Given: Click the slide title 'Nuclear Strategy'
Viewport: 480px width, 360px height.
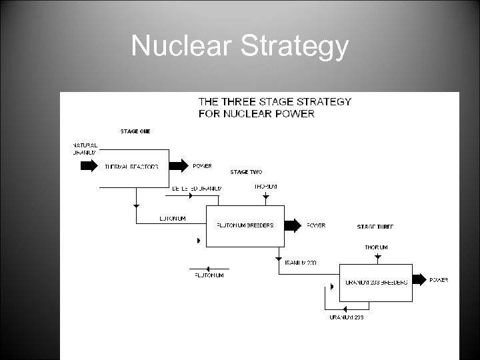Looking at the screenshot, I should tap(239, 46).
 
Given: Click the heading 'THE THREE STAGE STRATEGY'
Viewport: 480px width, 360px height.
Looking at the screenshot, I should tap(275, 102).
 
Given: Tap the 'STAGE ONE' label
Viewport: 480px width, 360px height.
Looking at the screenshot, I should tap(135, 131).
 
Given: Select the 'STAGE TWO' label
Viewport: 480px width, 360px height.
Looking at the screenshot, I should tap(246, 172).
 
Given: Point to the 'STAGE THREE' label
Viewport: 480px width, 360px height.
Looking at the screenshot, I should tap(375, 227).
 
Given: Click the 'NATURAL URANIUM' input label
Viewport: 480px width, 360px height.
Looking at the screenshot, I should tap(85, 149).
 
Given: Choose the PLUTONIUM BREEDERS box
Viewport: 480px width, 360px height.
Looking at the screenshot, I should tap(245, 225).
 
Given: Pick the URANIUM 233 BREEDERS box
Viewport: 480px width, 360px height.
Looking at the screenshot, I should tap(375, 282).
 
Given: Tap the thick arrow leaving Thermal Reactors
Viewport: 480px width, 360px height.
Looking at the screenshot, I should tap(179, 166).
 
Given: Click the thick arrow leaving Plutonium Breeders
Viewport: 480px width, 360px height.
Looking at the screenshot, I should tap(292, 225).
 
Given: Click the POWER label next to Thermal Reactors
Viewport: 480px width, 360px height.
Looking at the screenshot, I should tap(203, 166).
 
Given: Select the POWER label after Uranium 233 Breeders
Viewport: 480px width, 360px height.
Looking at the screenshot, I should tap(439, 280).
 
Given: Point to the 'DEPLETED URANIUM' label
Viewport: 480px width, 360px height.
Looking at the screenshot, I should tap(195, 189).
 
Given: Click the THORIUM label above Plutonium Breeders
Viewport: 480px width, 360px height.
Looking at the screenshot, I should tap(266, 187).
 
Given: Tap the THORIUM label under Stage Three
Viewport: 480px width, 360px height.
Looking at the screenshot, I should tap(376, 247).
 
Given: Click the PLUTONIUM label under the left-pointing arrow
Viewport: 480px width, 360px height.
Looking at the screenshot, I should tap(209, 275).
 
